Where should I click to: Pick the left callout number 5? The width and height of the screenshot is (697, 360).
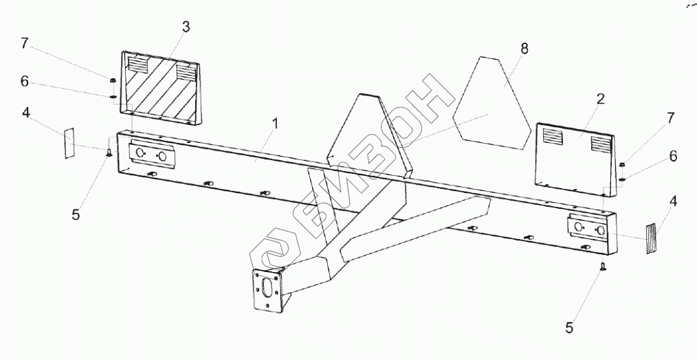76,214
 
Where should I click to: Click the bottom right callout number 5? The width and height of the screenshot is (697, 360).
569,328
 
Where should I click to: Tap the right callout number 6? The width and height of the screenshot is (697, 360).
672,157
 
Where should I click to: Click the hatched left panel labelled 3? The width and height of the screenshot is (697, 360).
162,89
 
